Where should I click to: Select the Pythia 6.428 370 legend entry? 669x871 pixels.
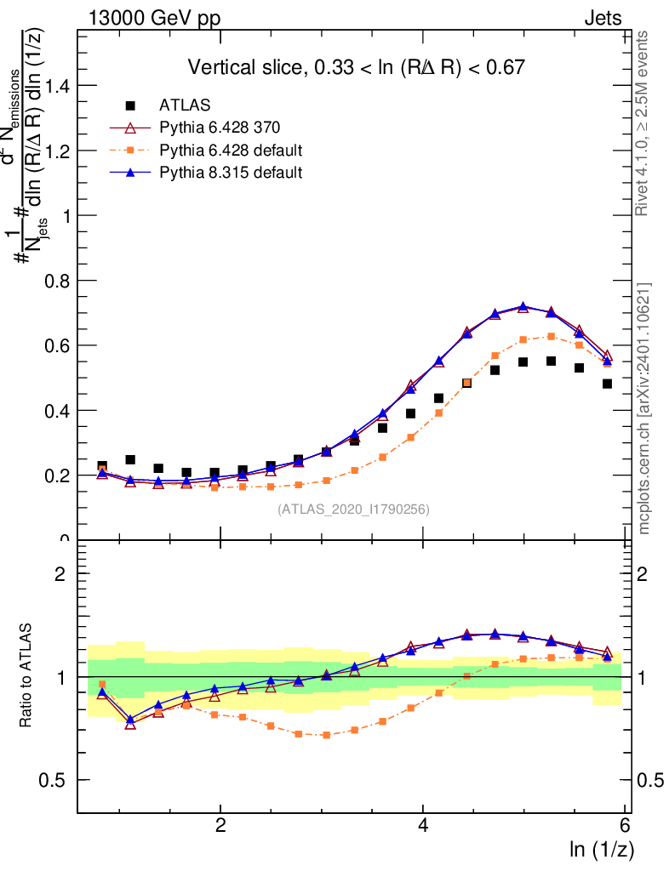[220, 128]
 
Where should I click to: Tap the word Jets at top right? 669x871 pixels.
[602, 19]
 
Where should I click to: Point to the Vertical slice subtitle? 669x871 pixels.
[356, 67]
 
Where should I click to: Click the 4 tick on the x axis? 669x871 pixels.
[423, 826]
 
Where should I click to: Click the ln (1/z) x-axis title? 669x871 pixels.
[602, 849]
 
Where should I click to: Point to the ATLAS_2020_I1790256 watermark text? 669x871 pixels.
[353, 510]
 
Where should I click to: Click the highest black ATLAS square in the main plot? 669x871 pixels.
[552, 361]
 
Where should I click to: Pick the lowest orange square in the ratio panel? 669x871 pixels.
[326, 735]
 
